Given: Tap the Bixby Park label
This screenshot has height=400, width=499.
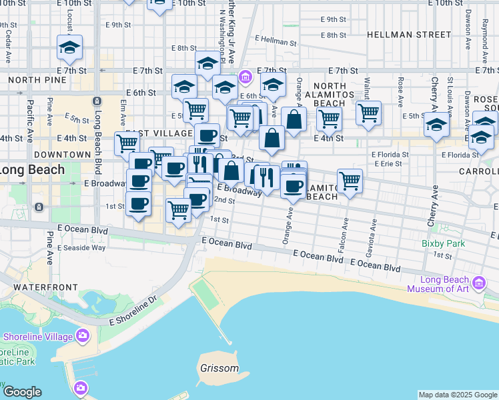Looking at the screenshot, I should [x=443, y=244].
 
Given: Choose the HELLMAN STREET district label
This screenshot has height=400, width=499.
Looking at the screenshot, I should [x=408, y=34].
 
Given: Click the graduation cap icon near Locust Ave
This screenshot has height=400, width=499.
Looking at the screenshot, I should [x=69, y=47].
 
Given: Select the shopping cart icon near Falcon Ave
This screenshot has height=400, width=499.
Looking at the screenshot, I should [x=350, y=181].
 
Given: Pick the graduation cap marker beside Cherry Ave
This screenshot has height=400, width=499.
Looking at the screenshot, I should [x=436, y=125].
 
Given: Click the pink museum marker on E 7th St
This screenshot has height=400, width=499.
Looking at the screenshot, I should [x=245, y=77].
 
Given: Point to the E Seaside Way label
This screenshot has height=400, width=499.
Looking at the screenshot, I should [x=81, y=248].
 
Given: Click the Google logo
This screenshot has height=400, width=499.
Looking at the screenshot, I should [x=22, y=392].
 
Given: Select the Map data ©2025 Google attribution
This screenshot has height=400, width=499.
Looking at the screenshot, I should [x=457, y=395].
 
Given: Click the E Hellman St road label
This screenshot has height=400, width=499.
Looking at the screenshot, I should [x=275, y=40].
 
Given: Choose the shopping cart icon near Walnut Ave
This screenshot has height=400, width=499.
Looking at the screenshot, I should [x=368, y=113].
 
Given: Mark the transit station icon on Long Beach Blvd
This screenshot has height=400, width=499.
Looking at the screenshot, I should [x=97, y=101].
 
